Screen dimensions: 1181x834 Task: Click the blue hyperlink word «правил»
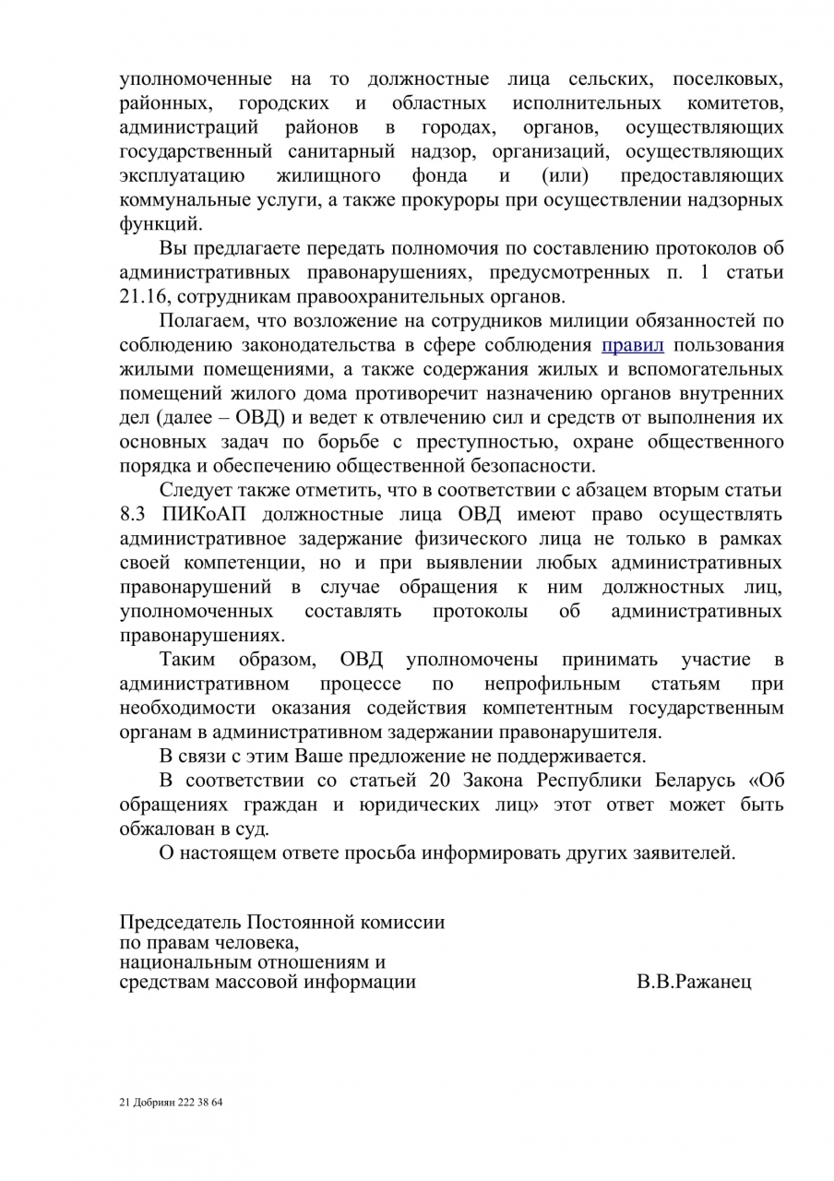(x=633, y=346)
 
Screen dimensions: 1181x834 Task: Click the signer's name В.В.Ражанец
(x=694, y=982)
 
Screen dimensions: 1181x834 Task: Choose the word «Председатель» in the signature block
(x=180, y=922)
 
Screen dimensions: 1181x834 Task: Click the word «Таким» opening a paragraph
(x=188, y=660)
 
